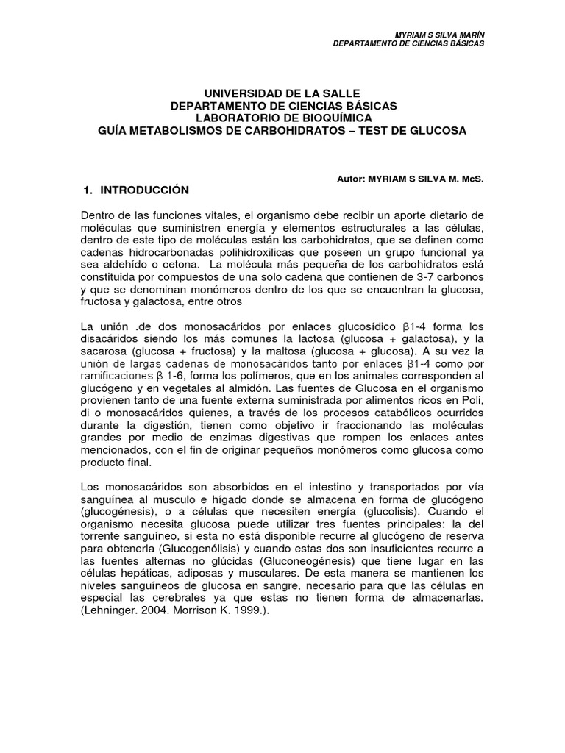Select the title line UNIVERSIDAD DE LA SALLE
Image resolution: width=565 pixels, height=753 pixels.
point(282,94)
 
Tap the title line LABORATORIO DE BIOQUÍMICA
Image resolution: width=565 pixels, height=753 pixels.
point(283,118)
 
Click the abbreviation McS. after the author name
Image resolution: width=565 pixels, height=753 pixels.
point(470,178)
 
